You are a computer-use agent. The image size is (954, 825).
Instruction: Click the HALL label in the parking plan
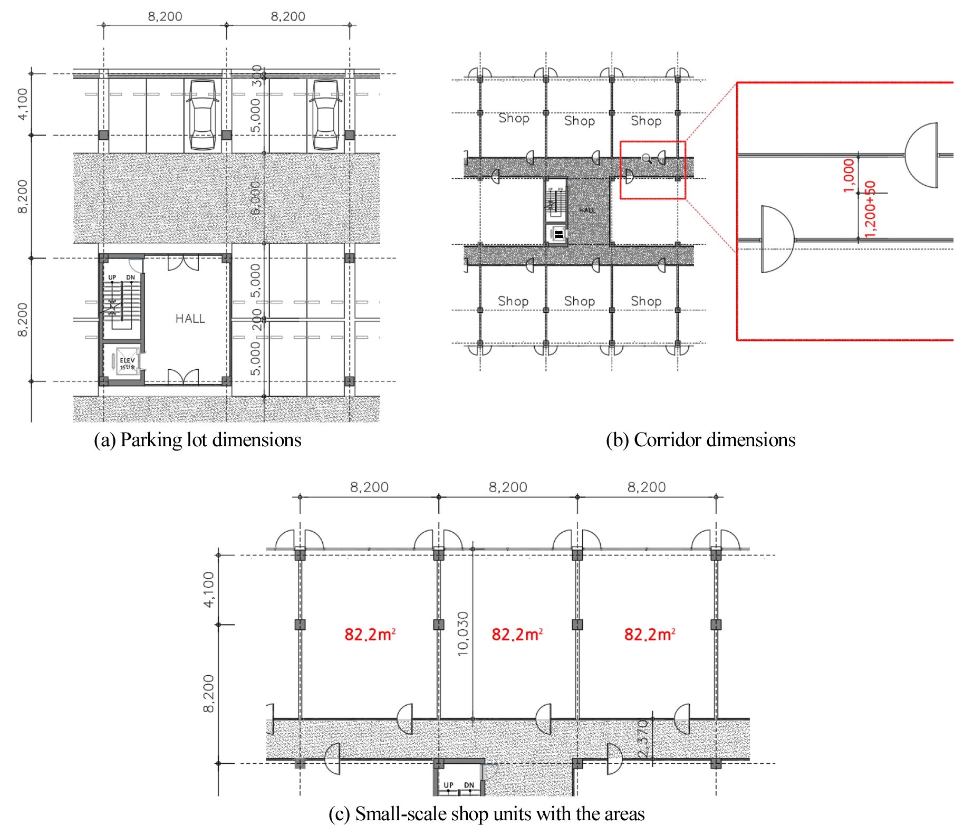[190, 319]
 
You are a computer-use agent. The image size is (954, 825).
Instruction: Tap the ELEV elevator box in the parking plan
[127, 362]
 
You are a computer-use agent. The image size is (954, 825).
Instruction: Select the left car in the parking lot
[203, 114]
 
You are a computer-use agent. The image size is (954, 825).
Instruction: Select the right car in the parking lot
[325, 114]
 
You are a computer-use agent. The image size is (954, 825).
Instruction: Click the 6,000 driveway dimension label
[255, 198]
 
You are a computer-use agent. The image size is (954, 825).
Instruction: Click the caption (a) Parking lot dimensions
[197, 439]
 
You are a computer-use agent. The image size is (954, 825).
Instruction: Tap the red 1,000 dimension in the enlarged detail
[848, 176]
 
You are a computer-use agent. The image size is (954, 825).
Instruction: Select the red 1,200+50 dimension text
[870, 209]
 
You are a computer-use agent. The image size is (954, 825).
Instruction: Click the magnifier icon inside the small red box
[647, 158]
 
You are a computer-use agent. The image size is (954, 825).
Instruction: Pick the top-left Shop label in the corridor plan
[514, 118]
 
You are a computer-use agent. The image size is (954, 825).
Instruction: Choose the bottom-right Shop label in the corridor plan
[646, 301]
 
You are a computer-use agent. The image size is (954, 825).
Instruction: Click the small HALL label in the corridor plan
[587, 210]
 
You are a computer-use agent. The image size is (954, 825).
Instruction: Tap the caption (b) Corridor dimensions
[700, 439]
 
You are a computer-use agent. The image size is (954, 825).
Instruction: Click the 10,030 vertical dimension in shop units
[462, 634]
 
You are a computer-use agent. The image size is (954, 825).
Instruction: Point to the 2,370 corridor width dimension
[642, 739]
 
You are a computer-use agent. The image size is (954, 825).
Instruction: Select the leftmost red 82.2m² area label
[370, 634]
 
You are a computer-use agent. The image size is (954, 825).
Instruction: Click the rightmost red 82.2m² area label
[650, 634]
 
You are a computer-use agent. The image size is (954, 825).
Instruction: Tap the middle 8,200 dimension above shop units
[508, 487]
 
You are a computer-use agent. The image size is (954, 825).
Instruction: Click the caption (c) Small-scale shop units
[486, 813]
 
